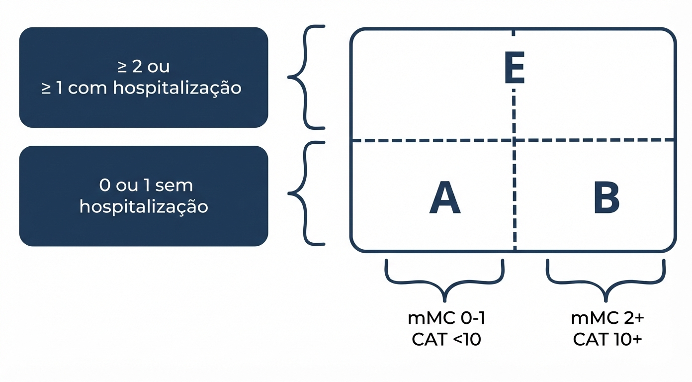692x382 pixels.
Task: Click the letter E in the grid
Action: click(x=514, y=71)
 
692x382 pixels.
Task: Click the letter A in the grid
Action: click(x=445, y=198)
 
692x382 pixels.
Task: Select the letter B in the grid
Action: click(x=606, y=198)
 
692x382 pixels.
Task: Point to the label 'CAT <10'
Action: click(x=446, y=340)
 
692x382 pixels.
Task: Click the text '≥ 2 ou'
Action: click(x=144, y=67)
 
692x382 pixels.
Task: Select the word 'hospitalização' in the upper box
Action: click(x=177, y=88)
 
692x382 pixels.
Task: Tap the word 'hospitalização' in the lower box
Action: click(x=144, y=206)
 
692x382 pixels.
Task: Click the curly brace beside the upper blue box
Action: click(x=304, y=77)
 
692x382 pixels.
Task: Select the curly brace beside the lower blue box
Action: click(x=304, y=192)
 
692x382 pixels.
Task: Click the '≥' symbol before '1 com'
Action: click(x=47, y=89)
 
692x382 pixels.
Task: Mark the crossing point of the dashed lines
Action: click(x=514, y=141)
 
